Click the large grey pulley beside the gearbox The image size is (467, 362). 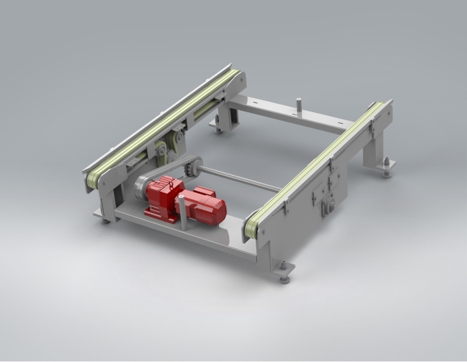(x=142, y=188)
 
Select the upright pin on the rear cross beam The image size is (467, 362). (x=298, y=107)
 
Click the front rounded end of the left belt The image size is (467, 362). (x=91, y=181)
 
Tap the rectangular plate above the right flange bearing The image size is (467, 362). (x=320, y=190)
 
